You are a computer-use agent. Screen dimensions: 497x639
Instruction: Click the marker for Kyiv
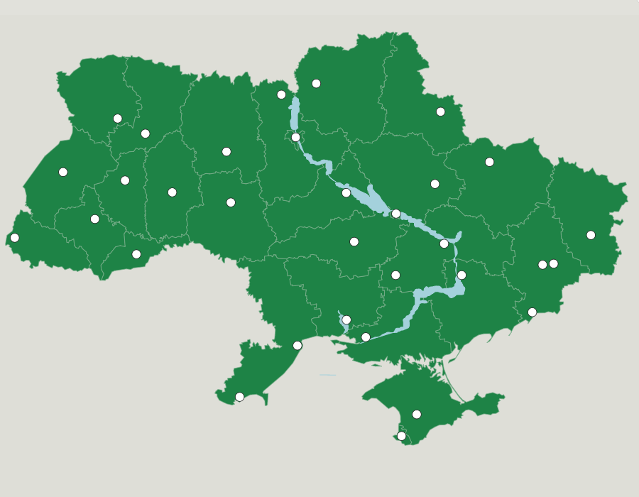point(296,137)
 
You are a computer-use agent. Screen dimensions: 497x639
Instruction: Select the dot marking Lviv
point(63,172)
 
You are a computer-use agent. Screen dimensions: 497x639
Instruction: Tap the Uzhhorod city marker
point(15,238)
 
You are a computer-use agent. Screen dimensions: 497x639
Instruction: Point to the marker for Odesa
point(297,346)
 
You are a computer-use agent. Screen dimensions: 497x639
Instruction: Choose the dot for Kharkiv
point(489,162)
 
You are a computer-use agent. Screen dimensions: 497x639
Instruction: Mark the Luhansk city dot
point(591,235)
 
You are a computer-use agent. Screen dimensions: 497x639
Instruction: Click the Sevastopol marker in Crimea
point(402,436)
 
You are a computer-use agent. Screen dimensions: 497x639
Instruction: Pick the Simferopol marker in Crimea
point(417,415)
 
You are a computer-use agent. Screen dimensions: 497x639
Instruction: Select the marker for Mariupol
point(532,312)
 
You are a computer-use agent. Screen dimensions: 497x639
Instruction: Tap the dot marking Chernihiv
point(317,84)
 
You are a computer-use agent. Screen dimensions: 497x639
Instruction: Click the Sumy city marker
point(441,111)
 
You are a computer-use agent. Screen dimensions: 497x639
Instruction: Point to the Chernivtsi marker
point(136,254)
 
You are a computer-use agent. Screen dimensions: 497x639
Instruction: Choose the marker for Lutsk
point(118,119)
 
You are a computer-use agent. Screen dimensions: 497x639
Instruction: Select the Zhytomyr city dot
point(226,151)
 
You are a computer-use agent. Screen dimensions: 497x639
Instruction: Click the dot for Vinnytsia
point(231,202)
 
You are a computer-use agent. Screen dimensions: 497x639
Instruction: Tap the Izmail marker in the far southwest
point(240,397)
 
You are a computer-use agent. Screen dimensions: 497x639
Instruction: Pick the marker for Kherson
point(366,337)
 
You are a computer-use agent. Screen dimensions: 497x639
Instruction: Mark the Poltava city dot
point(435,184)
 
